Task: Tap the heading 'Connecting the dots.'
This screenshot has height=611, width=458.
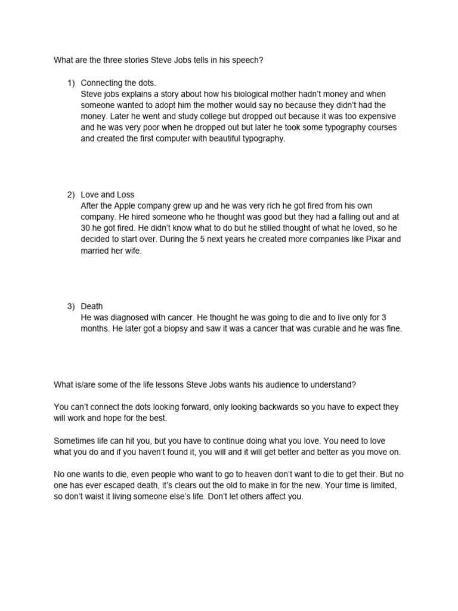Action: (x=118, y=83)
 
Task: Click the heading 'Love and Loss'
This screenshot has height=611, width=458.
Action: (x=107, y=195)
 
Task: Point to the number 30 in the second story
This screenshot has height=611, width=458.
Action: (x=86, y=228)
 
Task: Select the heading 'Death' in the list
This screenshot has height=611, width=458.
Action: (x=92, y=306)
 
